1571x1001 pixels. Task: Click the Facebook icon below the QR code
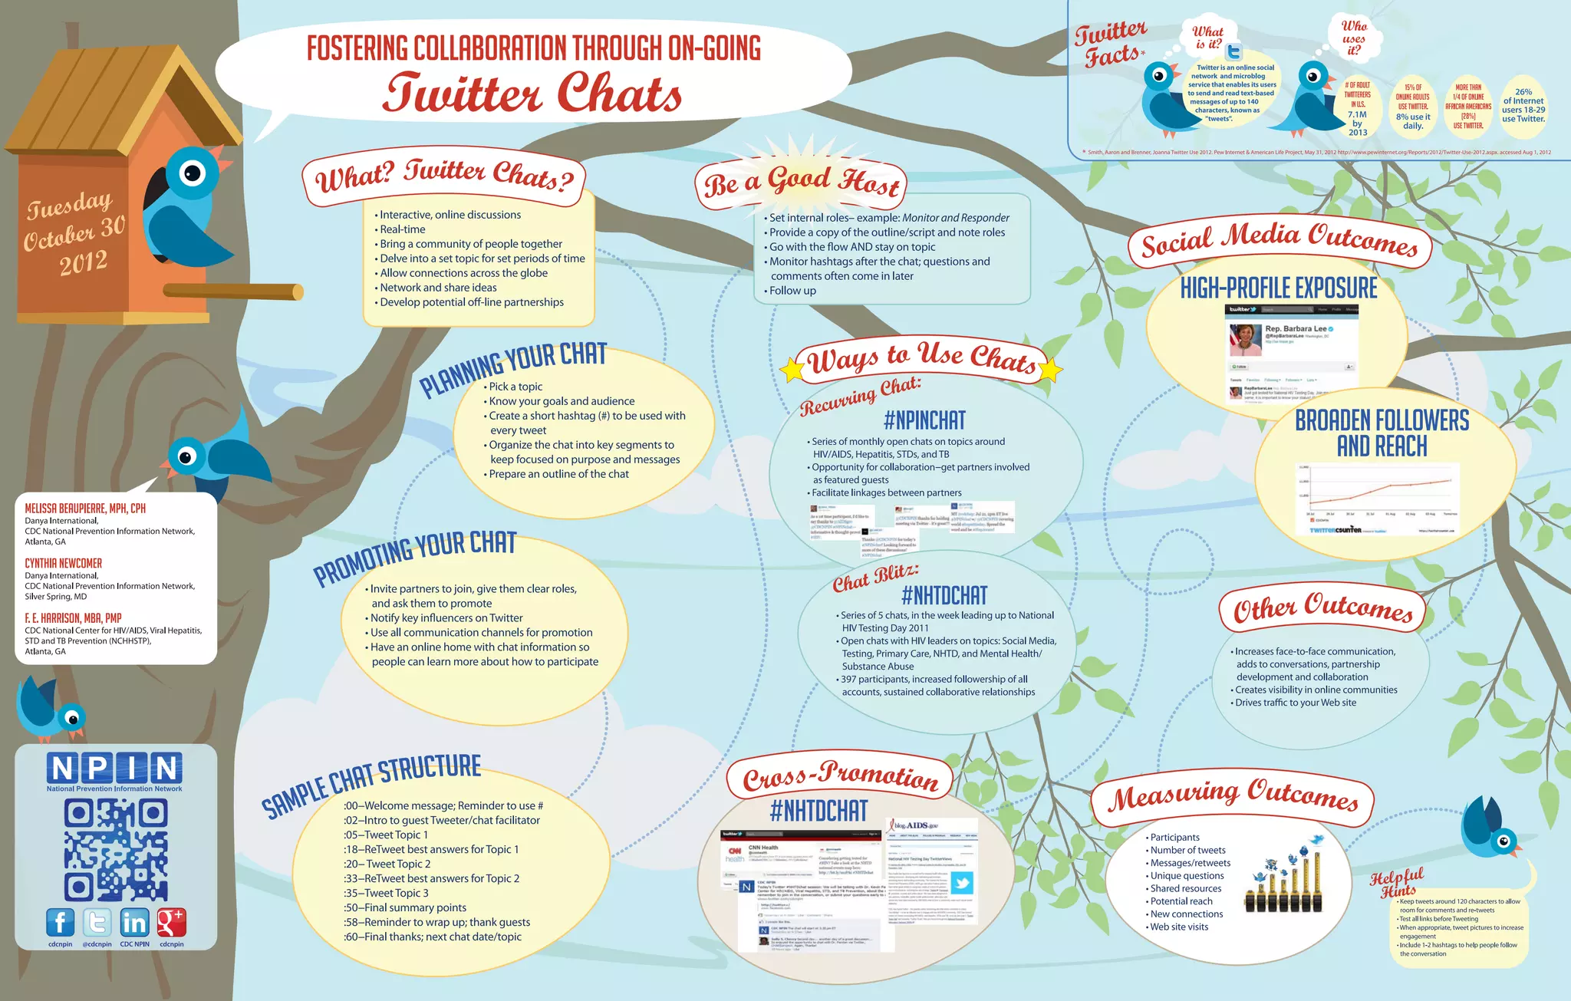coord(60,923)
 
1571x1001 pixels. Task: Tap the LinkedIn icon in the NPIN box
coord(134,923)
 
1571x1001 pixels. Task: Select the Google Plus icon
coord(171,923)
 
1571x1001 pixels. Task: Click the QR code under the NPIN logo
coord(116,850)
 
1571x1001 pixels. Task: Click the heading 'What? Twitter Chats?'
coord(444,176)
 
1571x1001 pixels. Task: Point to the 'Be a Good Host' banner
coord(801,183)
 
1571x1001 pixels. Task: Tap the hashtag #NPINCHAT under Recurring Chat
coord(924,420)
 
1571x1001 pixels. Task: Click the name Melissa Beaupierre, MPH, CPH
coord(85,509)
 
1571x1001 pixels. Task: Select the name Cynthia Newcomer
coord(63,563)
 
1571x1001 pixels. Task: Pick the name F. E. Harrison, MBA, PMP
coord(73,618)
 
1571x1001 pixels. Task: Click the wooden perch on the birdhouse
coord(233,291)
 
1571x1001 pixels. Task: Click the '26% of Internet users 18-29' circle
coord(1523,106)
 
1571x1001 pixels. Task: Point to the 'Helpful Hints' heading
coord(1398,883)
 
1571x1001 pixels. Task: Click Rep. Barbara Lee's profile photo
coord(1245,338)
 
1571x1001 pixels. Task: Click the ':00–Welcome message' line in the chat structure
coord(443,805)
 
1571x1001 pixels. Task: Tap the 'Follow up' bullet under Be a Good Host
coord(792,291)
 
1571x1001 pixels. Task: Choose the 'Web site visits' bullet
coord(1179,927)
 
